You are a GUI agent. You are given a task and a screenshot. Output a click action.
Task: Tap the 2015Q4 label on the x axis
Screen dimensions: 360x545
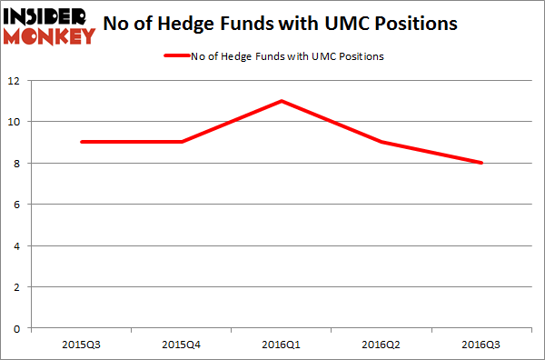pyautogui.click(x=183, y=344)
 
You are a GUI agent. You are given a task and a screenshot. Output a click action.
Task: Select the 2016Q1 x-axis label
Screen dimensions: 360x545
pyautogui.click(x=282, y=344)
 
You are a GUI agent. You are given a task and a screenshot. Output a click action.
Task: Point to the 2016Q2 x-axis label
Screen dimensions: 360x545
pyautogui.click(x=381, y=344)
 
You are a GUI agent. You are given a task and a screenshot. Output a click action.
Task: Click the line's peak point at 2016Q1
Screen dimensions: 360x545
pyautogui.click(x=282, y=101)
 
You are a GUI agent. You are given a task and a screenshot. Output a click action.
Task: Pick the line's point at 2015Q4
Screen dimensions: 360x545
pyautogui.click(x=183, y=142)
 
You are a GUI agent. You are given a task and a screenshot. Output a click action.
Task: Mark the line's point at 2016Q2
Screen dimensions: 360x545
pyautogui.click(x=381, y=142)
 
